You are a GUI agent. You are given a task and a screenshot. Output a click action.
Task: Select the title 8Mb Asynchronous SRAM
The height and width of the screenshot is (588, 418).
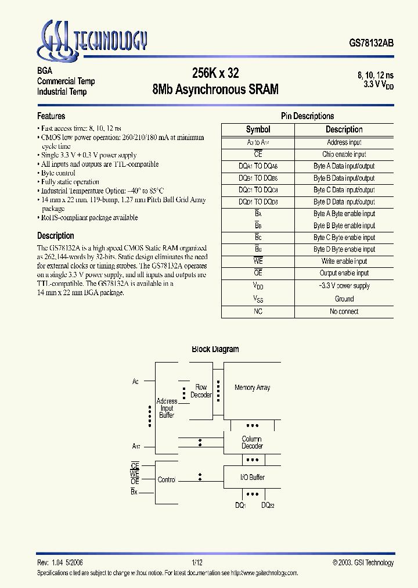215,89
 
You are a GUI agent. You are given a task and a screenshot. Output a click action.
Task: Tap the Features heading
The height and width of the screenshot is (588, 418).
51,116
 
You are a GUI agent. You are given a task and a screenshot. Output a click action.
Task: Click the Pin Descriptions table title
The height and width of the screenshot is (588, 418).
307,116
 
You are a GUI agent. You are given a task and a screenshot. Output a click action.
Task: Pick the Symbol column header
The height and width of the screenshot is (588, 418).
258,130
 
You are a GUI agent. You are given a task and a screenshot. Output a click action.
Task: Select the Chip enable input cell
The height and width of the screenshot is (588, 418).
344,155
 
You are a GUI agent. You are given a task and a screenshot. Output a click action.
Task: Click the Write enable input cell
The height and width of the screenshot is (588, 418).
344,261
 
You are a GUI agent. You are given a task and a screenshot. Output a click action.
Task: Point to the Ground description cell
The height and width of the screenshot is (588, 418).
344,299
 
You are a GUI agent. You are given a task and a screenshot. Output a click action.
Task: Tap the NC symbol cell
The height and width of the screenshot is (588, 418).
258,311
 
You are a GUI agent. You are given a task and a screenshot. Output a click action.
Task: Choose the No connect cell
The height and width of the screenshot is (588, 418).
344,311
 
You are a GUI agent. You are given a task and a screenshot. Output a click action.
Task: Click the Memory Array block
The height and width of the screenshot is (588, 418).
252,388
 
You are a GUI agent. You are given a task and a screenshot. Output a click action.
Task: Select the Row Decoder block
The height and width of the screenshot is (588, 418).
201,391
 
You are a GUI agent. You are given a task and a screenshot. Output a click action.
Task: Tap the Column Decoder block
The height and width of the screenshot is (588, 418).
252,443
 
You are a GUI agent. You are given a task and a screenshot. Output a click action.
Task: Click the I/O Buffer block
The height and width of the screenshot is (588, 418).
252,477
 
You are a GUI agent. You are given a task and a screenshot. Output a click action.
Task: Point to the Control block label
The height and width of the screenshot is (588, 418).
167,480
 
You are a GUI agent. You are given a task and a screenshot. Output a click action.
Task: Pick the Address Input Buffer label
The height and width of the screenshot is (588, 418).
167,408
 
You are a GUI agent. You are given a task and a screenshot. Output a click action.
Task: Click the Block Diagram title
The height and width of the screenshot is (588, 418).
215,349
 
